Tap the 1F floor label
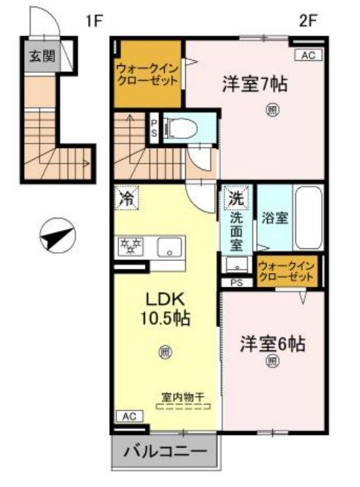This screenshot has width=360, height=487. [x=92, y=21]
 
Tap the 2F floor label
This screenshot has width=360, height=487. [x=308, y=21]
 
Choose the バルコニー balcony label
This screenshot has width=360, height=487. [x=167, y=451]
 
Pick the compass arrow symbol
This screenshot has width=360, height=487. [x=57, y=238]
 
